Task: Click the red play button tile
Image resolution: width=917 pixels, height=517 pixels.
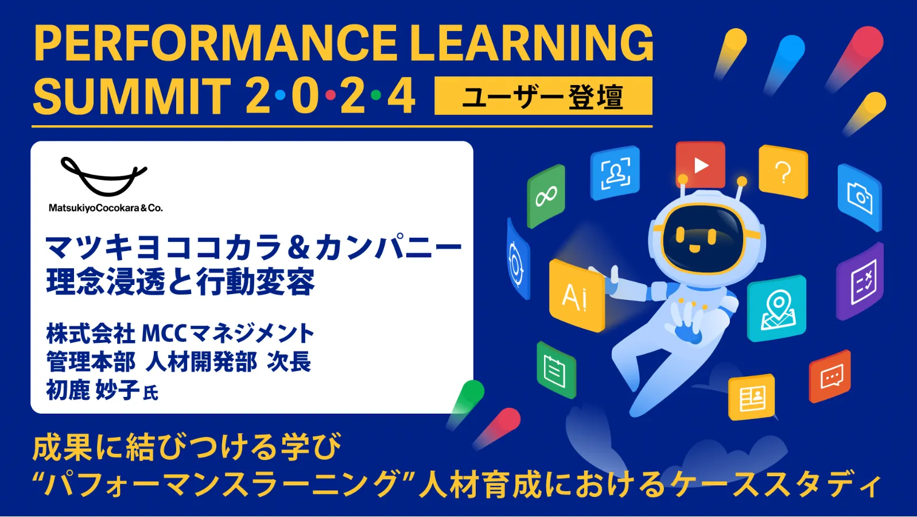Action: (700, 165)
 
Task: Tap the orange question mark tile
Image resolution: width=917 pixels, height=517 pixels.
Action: (783, 171)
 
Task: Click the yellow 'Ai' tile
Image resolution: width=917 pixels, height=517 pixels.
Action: (576, 296)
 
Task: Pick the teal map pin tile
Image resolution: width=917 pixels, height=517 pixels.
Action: (776, 308)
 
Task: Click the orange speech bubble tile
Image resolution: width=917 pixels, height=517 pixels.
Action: (830, 376)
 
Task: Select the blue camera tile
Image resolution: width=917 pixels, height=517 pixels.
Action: (859, 198)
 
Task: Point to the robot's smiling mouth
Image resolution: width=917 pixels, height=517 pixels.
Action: (694, 248)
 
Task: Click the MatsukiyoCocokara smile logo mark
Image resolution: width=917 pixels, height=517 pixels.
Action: (103, 176)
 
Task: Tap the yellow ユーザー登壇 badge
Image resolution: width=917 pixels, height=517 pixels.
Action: (543, 96)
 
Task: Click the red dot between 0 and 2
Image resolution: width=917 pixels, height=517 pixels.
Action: (331, 95)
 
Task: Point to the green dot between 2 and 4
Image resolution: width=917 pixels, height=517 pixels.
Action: (376, 95)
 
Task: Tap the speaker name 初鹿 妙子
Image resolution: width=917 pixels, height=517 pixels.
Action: (93, 389)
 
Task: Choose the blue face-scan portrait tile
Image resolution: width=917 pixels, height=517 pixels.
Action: (615, 173)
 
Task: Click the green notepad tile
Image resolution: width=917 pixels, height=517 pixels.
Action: (556, 370)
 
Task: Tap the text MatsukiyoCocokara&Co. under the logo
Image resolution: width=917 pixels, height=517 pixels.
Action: (106, 208)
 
